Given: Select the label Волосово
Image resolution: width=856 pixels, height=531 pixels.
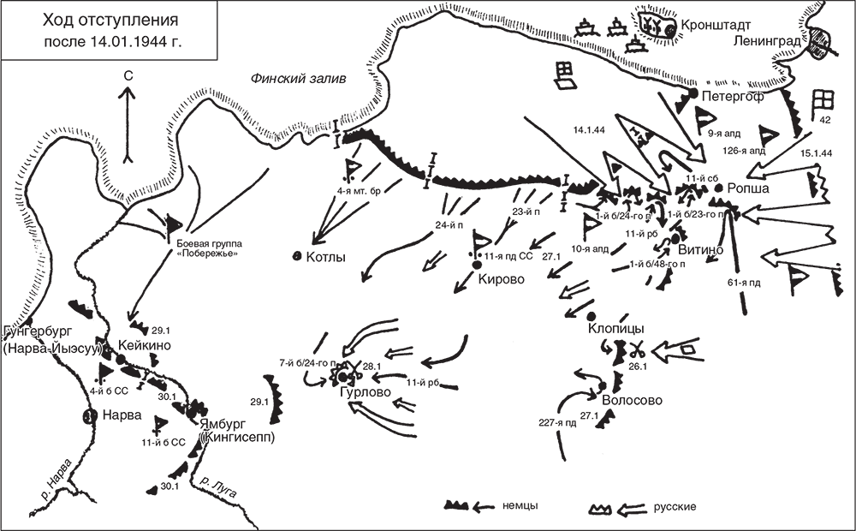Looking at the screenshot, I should [x=636, y=398].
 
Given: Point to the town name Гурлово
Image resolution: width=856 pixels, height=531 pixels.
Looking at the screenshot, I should [x=364, y=391].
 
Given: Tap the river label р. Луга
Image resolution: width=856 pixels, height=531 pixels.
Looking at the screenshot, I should [x=217, y=487].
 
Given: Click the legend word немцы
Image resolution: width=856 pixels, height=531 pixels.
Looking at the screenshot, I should [x=519, y=506].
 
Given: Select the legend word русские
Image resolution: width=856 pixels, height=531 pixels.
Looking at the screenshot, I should [x=674, y=506].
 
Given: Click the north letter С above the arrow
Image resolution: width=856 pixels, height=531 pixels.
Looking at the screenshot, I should [x=127, y=76].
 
